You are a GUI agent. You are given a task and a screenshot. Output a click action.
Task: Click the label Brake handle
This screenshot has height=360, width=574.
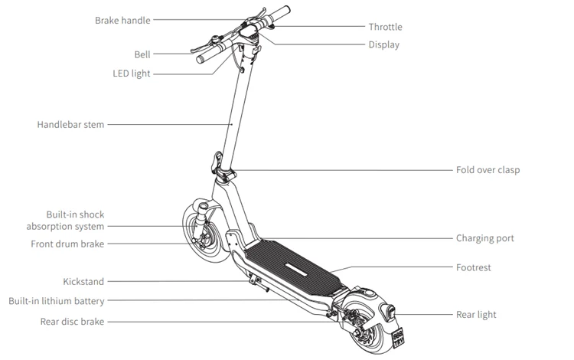122,20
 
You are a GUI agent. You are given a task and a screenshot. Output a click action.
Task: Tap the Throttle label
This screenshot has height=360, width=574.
385,27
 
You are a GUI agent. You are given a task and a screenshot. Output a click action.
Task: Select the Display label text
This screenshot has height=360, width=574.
383,44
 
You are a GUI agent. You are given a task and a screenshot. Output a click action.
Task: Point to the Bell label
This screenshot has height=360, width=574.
142,54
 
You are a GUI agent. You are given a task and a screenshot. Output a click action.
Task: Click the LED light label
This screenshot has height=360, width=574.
131,74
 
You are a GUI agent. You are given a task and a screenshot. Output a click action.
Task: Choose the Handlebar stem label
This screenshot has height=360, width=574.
70,124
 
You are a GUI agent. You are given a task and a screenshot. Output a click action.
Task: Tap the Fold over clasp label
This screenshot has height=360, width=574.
488,169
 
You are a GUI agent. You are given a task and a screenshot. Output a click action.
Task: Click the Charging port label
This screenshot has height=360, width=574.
484,238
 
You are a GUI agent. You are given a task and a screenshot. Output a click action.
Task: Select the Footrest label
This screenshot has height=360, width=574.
473,267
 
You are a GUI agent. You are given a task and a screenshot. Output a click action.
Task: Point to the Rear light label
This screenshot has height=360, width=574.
476,314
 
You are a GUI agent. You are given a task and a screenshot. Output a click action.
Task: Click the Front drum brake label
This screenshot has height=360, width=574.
67,244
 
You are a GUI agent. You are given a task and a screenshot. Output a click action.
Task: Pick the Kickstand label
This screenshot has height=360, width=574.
83,282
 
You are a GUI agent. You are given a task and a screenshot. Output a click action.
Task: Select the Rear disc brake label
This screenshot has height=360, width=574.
72,322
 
